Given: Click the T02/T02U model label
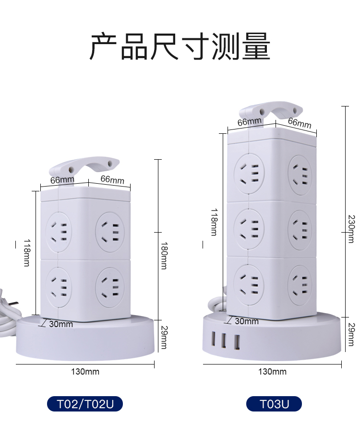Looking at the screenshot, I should point(85,404).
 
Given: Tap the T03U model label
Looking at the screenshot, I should point(274,404).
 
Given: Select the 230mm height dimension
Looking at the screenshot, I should point(351,229).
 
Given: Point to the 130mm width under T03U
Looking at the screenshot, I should point(272,372).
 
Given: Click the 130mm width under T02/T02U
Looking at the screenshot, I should point(85,372).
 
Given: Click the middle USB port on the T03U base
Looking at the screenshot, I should point(224,341).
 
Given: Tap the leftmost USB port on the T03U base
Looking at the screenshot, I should point(212,340).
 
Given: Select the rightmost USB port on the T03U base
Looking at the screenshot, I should point(236,341).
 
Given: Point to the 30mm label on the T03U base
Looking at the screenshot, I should point(247,321).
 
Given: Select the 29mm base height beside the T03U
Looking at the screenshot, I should point(351,335).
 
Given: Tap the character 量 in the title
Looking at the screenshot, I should point(256,47).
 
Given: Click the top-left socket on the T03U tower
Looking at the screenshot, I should point(249,173).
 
